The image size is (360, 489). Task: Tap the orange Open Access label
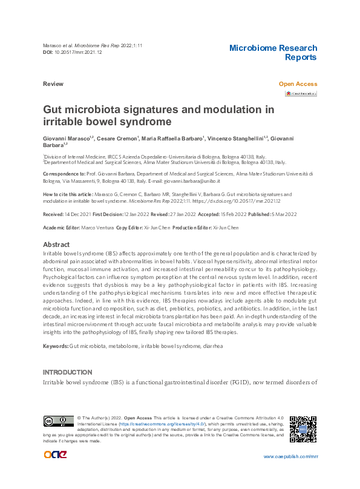(x=297, y=84)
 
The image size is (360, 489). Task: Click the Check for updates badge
(x=301, y=94)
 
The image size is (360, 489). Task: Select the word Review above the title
(x=53, y=84)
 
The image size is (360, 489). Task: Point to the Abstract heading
(x=57, y=244)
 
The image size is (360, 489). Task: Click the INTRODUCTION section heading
(x=67, y=371)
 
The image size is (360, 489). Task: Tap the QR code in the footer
(x=303, y=428)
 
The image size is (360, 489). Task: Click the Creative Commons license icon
(x=58, y=421)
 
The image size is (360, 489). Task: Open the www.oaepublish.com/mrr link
(x=290, y=456)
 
